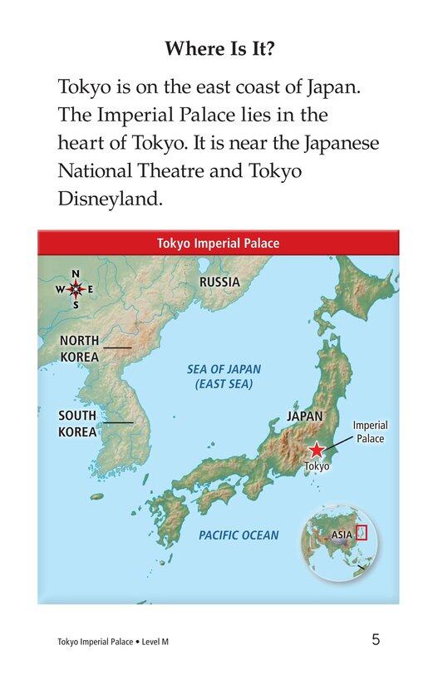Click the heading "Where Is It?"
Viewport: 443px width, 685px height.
coord(221,48)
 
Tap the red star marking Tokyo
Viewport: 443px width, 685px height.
coord(317,451)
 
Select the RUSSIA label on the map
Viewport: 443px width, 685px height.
coord(219,282)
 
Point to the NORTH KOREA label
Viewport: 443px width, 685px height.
coord(79,349)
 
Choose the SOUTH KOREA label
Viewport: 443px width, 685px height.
coord(77,423)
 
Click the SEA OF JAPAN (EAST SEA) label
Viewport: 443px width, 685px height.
coord(224,377)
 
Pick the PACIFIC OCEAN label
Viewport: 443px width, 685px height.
coord(239,535)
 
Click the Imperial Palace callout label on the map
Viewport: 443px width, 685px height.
coord(370,431)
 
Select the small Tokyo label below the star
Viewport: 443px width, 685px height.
coord(317,466)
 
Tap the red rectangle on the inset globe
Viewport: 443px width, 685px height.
coord(361,532)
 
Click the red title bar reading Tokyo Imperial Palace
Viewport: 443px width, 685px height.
coord(218,244)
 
